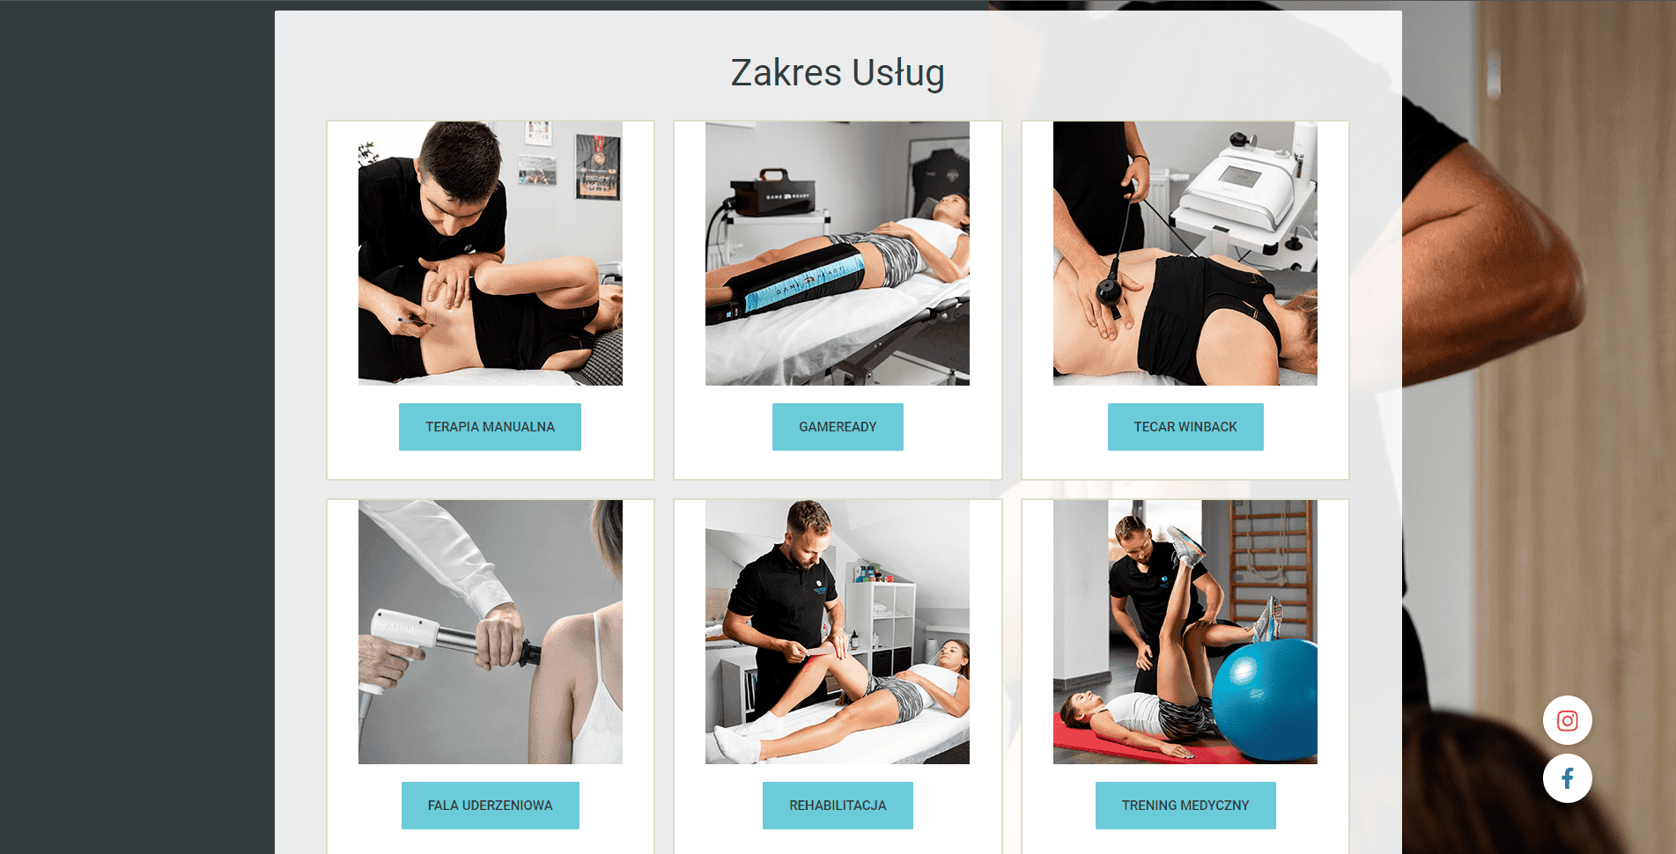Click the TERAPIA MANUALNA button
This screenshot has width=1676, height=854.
490,427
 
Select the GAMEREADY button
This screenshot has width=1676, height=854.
838,427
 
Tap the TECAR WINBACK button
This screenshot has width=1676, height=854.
1185,427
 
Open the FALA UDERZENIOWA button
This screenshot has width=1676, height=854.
491,806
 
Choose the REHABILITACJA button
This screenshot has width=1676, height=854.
838,806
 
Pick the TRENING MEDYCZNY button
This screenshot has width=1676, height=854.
1185,806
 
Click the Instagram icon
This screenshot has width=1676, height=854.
1568,721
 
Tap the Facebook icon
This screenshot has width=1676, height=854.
1568,778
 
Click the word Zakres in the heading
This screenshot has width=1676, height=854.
786,73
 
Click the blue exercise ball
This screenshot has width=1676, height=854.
1265,699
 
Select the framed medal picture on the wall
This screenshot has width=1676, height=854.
598,166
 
